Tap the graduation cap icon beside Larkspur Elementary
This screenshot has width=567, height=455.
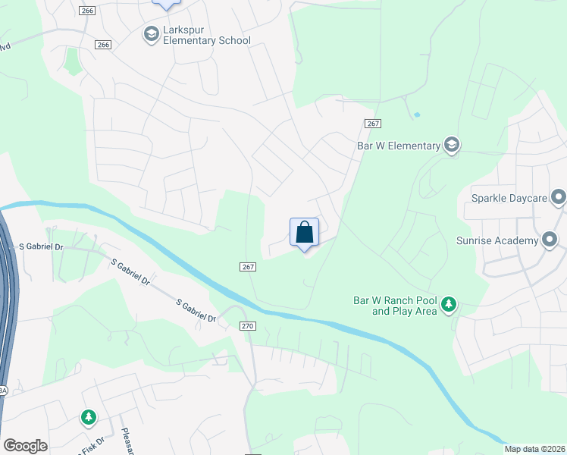150,33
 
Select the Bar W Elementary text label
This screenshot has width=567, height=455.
399,146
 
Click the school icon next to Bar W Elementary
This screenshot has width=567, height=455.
452,145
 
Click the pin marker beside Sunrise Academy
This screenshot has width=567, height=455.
550,240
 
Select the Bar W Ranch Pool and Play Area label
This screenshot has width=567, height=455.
395,306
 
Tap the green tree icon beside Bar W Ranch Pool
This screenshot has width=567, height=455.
450,305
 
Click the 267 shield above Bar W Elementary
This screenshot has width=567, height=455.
371,124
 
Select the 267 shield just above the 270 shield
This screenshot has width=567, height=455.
249,267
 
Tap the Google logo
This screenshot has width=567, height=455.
26,446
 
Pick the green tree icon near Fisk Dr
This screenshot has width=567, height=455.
89,416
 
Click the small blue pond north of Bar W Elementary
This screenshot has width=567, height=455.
416,115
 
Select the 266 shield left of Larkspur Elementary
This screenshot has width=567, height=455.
104,45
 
